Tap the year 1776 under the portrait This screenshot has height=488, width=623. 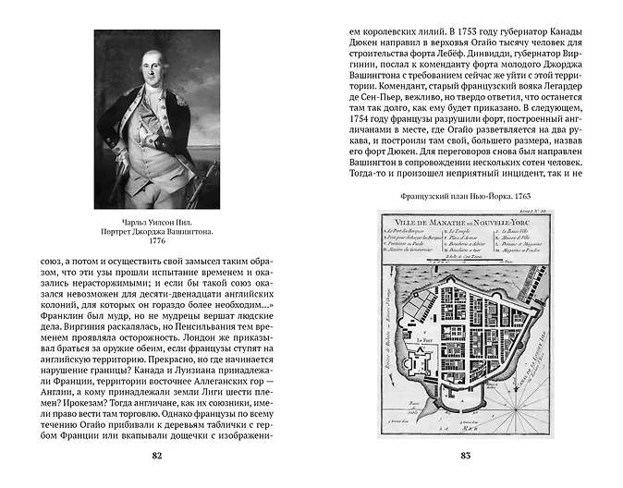point(156,240)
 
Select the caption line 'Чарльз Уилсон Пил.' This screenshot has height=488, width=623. point(156,214)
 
